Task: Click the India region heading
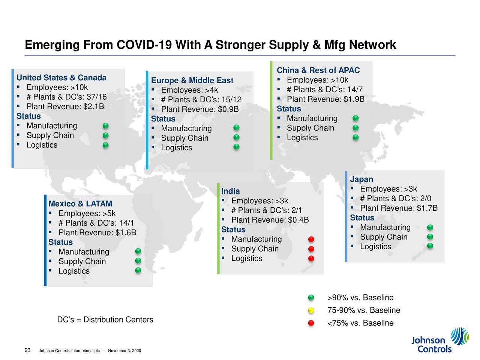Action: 230,191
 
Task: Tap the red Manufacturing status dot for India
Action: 311,240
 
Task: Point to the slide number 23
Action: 27,350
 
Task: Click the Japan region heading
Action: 361,179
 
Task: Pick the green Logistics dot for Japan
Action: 430,246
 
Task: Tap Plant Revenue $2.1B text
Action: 65,106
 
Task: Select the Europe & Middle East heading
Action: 192,81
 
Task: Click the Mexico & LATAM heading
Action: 80,204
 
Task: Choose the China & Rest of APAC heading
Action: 318,70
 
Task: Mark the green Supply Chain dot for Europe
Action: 236,138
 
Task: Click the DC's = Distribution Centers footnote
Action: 105,320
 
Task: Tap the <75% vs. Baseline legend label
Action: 360,323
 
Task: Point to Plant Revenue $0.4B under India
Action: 270,220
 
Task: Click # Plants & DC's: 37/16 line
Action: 66,97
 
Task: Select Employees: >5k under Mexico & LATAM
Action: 87,214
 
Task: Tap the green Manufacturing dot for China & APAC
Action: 355,118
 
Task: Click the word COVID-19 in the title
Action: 144,45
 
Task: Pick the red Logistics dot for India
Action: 311,259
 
